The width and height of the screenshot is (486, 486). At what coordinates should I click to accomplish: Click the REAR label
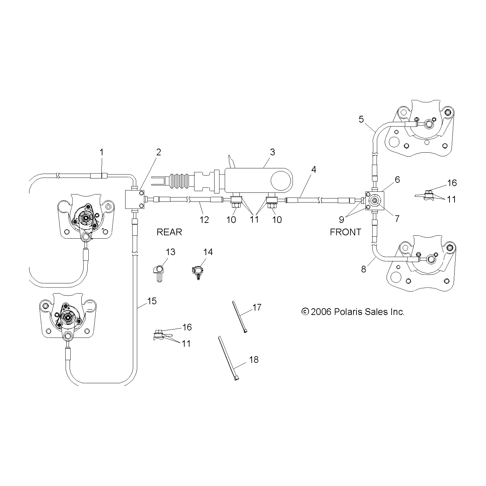[169, 232]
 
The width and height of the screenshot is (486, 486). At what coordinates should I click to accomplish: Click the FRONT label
[345, 232]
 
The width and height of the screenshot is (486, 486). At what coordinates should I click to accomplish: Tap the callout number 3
[272, 152]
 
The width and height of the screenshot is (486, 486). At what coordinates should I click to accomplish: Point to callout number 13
[170, 252]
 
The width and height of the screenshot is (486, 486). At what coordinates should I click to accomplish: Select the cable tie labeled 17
[239, 317]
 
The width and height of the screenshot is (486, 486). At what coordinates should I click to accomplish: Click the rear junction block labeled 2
[134, 200]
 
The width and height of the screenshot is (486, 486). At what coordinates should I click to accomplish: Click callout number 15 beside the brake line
[152, 301]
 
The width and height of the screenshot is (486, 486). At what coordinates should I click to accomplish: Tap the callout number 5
[361, 119]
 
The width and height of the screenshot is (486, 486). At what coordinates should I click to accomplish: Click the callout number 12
[204, 220]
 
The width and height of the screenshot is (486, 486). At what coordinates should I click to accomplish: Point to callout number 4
[313, 169]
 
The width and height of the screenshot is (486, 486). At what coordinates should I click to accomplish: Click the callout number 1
[101, 152]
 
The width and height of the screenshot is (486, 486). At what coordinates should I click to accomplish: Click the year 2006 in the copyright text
[321, 312]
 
